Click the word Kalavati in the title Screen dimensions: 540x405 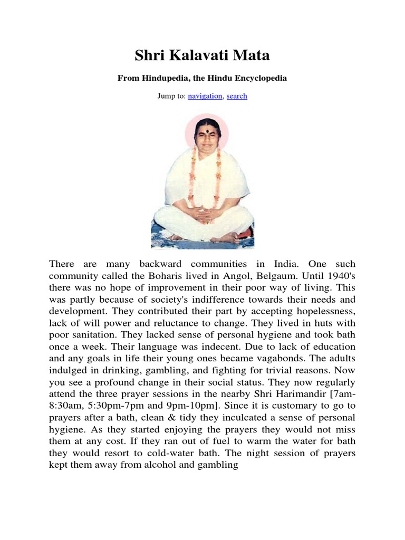pos(202,55)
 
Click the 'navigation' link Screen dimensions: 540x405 pos(206,96)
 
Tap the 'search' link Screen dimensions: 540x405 pos(237,96)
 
